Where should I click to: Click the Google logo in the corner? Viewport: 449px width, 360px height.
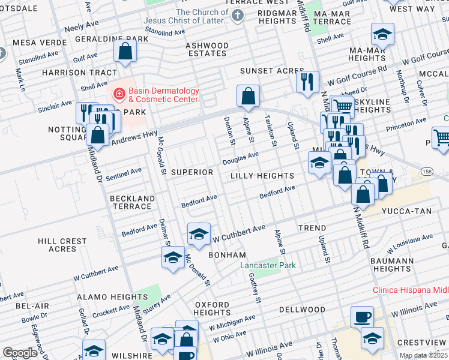[20, 353]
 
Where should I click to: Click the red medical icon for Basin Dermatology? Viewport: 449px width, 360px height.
[119, 94]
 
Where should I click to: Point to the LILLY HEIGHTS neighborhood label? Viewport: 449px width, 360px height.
[262, 176]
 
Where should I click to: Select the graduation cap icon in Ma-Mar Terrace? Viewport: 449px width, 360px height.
[382, 35]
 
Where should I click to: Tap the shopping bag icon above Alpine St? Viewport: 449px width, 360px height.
[247, 95]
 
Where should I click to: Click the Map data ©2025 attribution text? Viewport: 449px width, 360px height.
[423, 355]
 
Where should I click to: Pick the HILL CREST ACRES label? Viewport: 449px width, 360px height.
[62, 245]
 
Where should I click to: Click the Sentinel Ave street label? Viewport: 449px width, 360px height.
[124, 175]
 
